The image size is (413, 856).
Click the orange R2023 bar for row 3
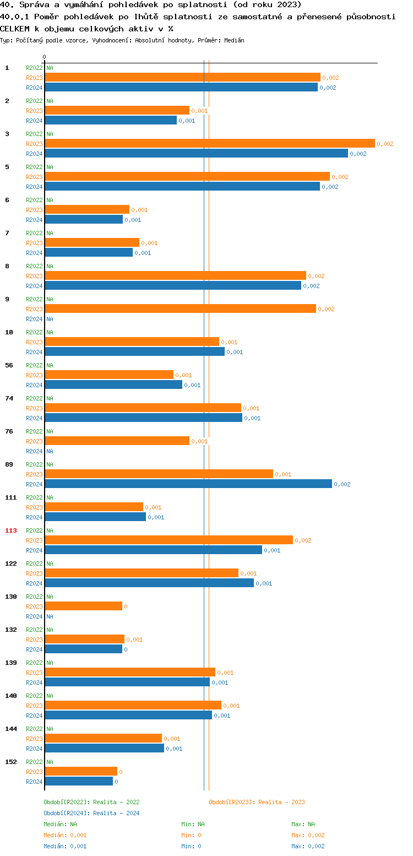(x=209, y=143)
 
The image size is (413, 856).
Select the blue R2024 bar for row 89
(x=188, y=484)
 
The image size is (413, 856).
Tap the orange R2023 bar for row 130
(x=83, y=606)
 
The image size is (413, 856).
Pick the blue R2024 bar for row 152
(x=79, y=781)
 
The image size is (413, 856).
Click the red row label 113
(x=11, y=530)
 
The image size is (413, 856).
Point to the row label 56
(x=9, y=365)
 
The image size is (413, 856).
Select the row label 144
(x=11, y=729)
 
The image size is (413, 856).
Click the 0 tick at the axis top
(x=45, y=57)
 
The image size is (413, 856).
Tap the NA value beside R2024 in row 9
(x=50, y=319)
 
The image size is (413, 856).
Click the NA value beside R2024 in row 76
(x=50, y=451)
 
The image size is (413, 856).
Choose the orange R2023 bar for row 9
(x=180, y=308)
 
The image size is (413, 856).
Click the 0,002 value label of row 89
(x=342, y=484)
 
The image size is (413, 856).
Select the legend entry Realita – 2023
(x=257, y=802)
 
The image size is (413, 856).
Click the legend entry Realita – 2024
(x=91, y=813)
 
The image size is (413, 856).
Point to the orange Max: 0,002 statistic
(x=308, y=835)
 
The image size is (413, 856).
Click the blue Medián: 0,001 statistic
(x=65, y=846)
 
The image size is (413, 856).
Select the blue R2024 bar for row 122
(x=149, y=583)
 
